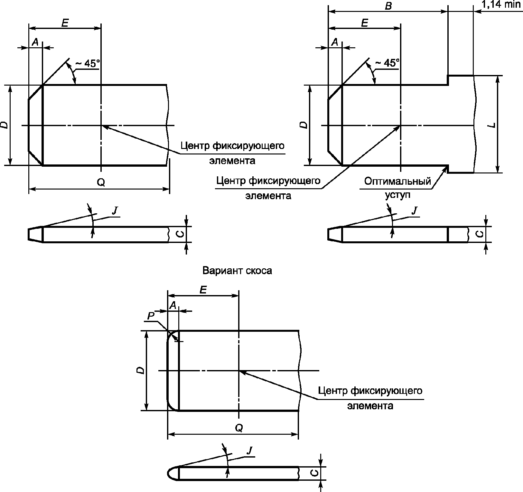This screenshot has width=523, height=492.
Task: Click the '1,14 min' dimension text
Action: (501, 4)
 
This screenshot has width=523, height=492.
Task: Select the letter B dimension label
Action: (388, 6)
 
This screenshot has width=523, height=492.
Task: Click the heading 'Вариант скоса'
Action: (237, 271)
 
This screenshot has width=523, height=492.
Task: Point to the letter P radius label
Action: (151, 317)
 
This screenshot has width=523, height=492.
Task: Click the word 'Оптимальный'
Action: (397, 181)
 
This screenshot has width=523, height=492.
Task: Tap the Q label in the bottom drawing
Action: (239, 428)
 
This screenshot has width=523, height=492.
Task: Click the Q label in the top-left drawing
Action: (101, 182)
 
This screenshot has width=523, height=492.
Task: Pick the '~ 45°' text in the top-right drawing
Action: (387, 63)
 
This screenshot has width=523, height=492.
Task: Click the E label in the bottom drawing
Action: (203, 290)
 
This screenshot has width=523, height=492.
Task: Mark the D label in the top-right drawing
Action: (304, 125)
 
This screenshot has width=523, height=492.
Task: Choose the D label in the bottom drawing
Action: (140, 371)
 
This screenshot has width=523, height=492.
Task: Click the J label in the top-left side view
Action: (115, 211)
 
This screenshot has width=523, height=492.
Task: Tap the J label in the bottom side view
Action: (249, 450)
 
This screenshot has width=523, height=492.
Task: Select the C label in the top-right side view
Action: (479, 234)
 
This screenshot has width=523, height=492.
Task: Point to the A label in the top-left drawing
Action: (36, 42)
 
